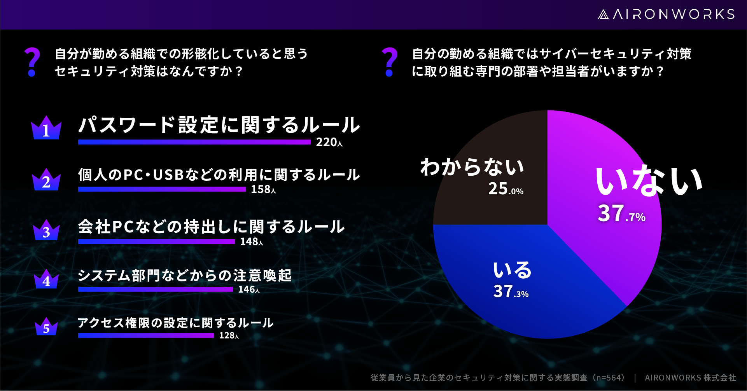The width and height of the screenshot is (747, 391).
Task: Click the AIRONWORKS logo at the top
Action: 666,14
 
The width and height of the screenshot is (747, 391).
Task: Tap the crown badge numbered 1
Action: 46,128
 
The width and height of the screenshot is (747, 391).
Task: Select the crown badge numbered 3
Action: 46,230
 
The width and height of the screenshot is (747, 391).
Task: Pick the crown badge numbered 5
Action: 46,326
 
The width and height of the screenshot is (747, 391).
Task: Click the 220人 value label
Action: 329,142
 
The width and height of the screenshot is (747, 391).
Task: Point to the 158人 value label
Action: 263,189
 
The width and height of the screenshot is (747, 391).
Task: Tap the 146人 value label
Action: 249,290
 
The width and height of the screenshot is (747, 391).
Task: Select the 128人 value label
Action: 229,335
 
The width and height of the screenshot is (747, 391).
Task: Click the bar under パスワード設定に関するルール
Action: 194,142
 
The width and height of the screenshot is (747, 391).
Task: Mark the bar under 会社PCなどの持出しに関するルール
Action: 156,242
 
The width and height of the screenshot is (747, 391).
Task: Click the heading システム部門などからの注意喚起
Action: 185,276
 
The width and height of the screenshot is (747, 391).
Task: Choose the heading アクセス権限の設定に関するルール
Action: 176,323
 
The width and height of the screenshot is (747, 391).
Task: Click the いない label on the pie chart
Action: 649,180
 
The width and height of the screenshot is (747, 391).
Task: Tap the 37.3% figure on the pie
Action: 511,291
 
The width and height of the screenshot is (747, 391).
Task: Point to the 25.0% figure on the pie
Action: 506,189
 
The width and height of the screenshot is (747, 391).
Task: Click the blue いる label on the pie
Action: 512,270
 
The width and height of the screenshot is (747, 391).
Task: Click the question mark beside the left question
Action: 32,62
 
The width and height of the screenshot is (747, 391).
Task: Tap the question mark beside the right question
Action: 390,62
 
